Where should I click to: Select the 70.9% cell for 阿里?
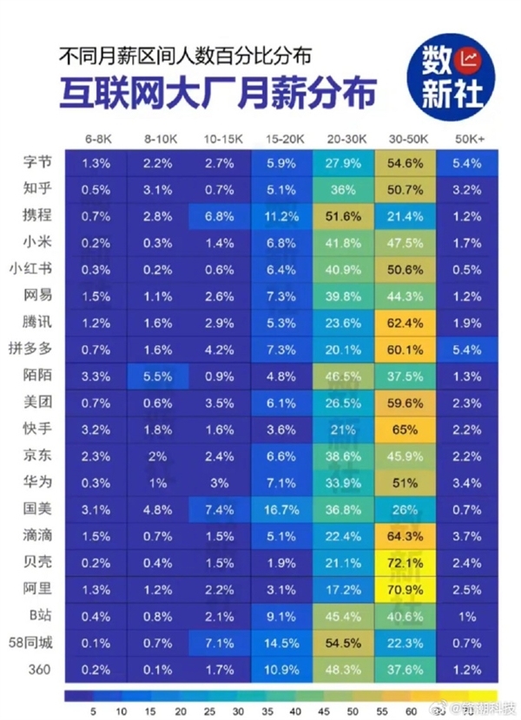[405, 589]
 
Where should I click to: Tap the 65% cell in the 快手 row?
[405, 429]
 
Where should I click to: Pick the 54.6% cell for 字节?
[405, 163]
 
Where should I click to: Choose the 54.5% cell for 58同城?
[343, 643]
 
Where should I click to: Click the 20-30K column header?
[343, 139]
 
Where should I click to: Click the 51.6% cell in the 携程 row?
[343, 216]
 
